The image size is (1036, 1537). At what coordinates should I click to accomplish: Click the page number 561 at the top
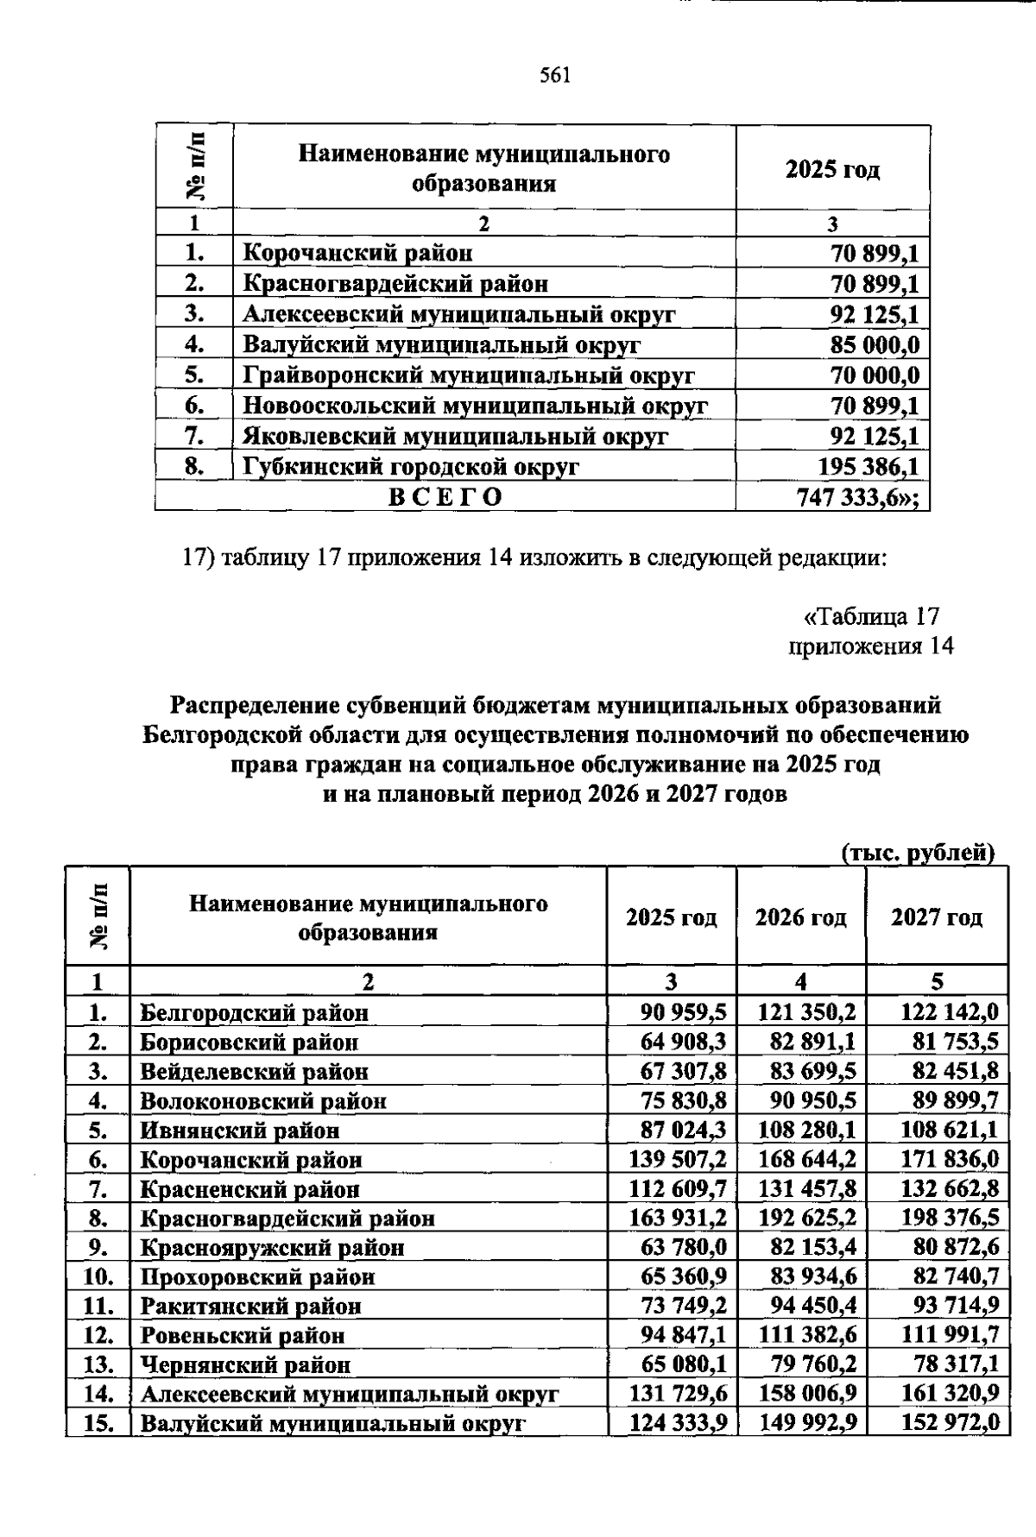click(555, 76)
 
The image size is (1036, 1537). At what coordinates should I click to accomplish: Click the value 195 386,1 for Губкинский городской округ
click(868, 467)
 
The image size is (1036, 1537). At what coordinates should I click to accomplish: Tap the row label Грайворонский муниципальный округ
click(469, 375)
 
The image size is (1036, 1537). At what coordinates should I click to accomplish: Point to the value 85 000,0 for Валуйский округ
click(875, 345)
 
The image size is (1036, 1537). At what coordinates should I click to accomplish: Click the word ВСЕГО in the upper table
click(445, 498)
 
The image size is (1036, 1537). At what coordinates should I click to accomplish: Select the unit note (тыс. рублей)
click(918, 854)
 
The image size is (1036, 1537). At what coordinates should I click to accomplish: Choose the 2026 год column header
click(800, 917)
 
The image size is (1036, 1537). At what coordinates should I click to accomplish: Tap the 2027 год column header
click(937, 917)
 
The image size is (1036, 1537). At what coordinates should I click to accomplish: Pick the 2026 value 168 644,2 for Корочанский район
click(807, 1160)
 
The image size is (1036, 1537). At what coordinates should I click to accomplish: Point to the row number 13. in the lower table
click(99, 1365)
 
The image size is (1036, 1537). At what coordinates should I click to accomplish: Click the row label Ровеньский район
click(243, 1336)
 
